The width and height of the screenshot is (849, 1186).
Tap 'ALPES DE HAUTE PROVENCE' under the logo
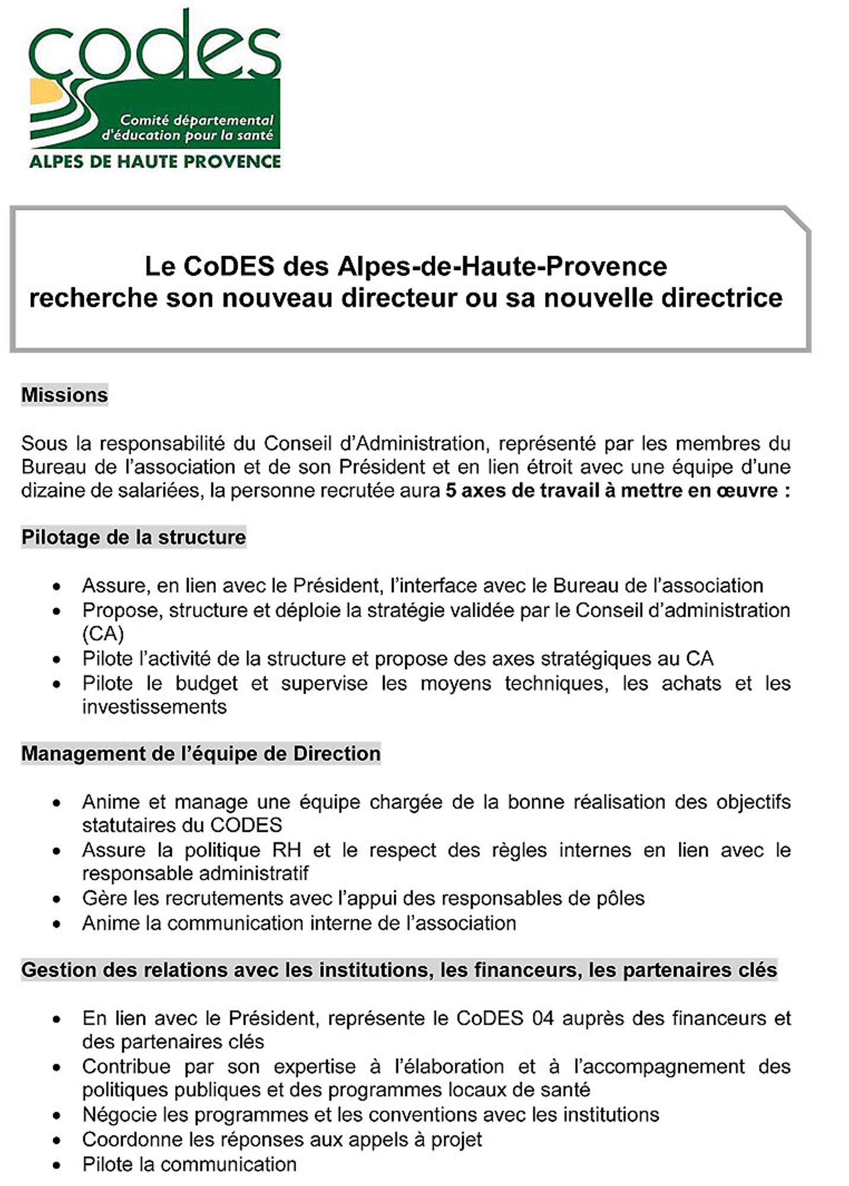(x=155, y=161)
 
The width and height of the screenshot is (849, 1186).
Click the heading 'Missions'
(x=65, y=395)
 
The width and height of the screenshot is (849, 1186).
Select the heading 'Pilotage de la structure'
(x=133, y=537)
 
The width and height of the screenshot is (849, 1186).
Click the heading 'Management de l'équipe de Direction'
(x=200, y=754)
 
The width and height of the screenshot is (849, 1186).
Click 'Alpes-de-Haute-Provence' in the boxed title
(x=502, y=266)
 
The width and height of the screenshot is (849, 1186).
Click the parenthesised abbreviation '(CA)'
(x=103, y=634)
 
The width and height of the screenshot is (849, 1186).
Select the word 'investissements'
(x=154, y=707)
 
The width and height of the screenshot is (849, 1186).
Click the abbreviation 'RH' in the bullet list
(x=286, y=850)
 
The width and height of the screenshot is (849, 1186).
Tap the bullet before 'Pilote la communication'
(x=56, y=1165)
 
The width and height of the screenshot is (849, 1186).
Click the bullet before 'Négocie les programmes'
(x=56, y=1116)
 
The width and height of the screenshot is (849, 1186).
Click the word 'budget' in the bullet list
(x=206, y=683)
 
